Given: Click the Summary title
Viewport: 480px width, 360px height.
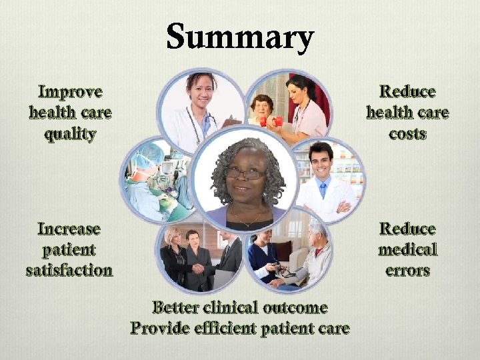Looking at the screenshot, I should [240, 37].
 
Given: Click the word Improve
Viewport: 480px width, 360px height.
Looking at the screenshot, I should [71, 91].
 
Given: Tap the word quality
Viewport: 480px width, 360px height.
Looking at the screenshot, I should [71, 134].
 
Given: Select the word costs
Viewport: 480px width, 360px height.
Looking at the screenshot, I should [407, 133].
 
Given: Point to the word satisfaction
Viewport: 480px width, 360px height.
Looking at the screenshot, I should [69, 271].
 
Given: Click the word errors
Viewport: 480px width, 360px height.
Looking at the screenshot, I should [407, 271].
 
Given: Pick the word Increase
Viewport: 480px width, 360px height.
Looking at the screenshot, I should [69, 229].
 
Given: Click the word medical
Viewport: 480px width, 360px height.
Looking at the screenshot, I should [407, 250].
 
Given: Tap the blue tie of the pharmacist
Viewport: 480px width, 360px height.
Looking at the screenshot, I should [323, 190].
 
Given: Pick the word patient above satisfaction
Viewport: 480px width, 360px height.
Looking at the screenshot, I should [69, 250].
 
